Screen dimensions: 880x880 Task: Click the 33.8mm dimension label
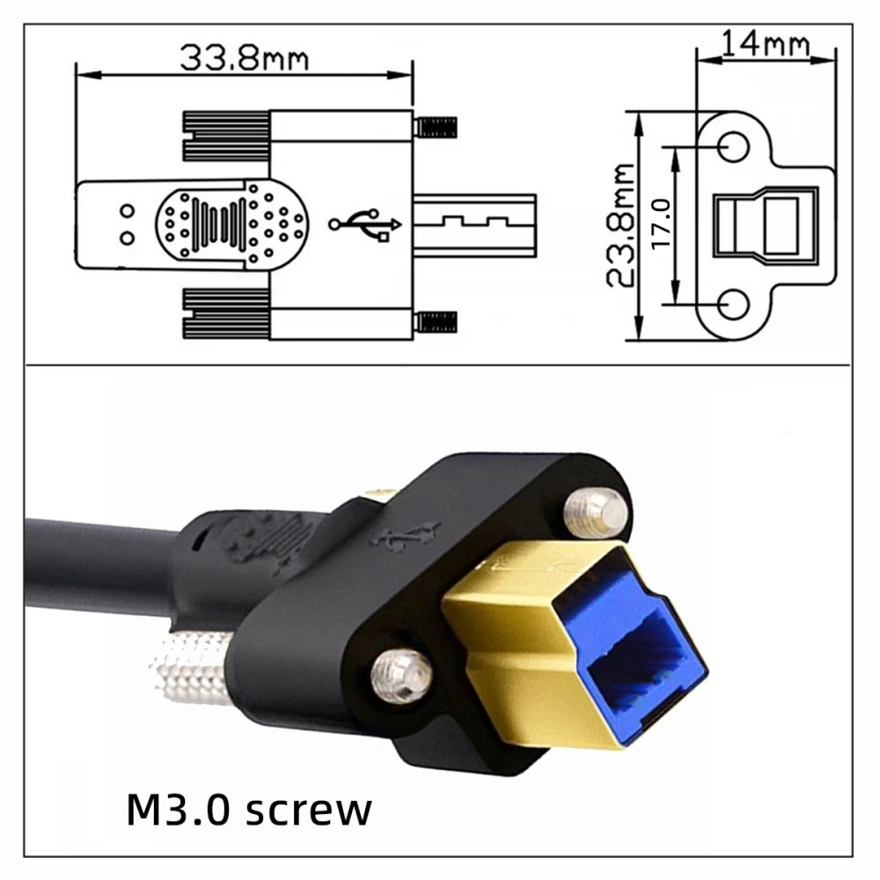(244, 57)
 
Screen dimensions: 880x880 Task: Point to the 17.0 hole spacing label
(663, 225)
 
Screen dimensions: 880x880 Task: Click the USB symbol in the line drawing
(365, 223)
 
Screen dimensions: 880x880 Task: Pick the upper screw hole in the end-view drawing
(734, 146)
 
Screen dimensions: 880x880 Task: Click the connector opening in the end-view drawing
(758, 224)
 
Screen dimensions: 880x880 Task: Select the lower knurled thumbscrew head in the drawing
(225, 313)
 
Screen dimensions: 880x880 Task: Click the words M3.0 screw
(249, 810)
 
